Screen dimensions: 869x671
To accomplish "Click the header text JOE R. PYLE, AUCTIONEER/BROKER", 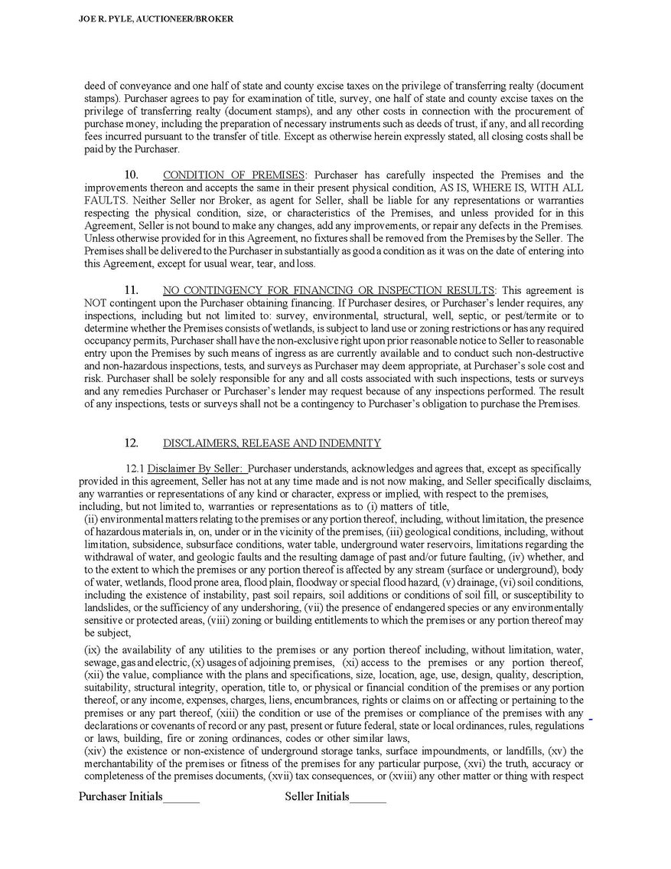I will point(156,18).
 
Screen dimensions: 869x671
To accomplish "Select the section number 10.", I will point(131,175).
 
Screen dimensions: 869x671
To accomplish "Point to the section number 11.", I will point(131,290).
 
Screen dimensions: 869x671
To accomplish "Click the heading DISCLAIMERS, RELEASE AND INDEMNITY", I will point(272,443).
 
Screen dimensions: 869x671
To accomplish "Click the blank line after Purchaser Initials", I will point(181,798).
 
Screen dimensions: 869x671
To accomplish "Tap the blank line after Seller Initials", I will point(368,798).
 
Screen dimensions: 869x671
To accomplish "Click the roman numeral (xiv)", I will point(96,751).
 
